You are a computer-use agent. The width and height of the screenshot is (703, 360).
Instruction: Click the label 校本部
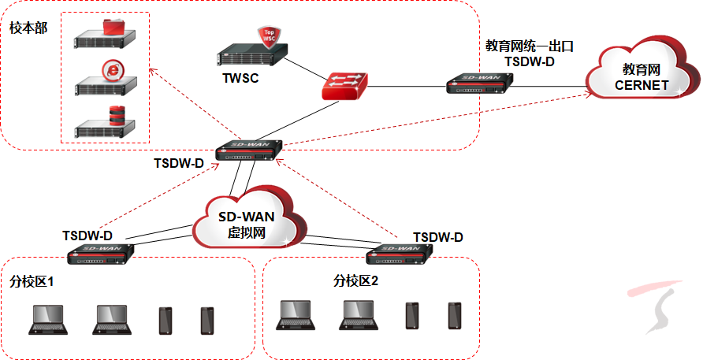[x=28, y=28]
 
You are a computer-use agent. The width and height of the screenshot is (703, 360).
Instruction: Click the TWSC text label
[x=240, y=79]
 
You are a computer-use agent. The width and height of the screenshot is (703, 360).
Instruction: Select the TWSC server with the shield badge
[x=251, y=54]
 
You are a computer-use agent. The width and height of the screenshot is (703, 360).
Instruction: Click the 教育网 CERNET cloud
[x=642, y=72]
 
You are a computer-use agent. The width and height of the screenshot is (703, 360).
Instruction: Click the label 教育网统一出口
[x=529, y=46]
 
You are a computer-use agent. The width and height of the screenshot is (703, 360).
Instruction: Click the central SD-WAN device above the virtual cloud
[x=247, y=150]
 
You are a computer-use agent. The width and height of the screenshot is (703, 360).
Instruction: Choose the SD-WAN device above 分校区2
[x=401, y=252]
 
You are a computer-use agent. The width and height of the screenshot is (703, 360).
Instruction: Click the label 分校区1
[x=32, y=281]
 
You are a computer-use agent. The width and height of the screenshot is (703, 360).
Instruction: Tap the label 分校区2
[x=356, y=281]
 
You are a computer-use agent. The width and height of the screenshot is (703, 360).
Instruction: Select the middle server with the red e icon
[x=104, y=79]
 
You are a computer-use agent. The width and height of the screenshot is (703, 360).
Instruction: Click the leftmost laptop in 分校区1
[x=50, y=319]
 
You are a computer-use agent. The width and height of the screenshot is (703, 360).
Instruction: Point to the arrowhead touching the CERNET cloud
[x=589, y=94]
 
